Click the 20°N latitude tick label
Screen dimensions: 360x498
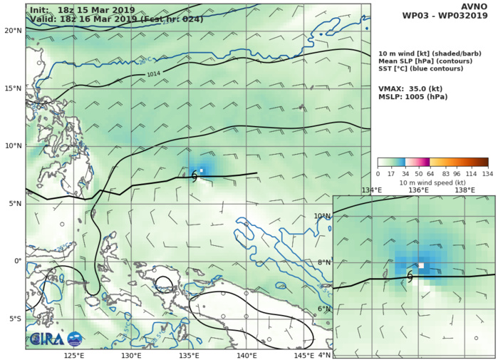coord(12,31)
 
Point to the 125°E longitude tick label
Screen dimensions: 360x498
coord(73,355)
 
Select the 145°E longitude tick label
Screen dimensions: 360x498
coord(304,355)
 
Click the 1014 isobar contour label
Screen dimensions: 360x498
coord(154,74)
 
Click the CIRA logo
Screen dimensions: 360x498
coord(56,340)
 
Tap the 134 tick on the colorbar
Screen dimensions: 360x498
coord(487,173)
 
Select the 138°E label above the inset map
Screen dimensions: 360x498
coord(465,190)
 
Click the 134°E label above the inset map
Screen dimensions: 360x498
coord(371,190)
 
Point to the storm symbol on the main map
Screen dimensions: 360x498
coord(194,177)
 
